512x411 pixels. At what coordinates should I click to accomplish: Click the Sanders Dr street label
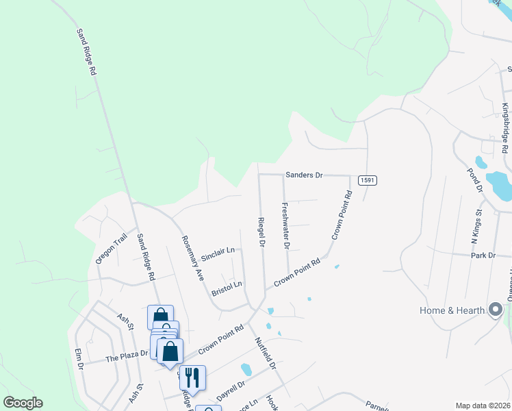pos(305,175)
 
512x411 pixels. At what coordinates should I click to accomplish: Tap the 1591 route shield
pos(366,180)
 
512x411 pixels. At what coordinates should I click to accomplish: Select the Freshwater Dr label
pos(286,225)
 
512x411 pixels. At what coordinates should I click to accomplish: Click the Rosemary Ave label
pos(192,259)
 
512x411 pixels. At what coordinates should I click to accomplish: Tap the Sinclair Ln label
pos(218,253)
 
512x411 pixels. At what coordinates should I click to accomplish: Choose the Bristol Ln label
pos(227,287)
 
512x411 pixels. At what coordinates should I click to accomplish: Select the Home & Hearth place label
pos(452,311)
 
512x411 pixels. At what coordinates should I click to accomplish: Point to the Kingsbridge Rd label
pos(505,128)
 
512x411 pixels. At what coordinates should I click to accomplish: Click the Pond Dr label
pos(475,179)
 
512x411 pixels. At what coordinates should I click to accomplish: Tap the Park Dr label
pos(483,256)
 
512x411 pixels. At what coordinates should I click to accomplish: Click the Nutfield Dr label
pos(265,353)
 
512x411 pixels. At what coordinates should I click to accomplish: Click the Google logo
pos(23,403)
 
